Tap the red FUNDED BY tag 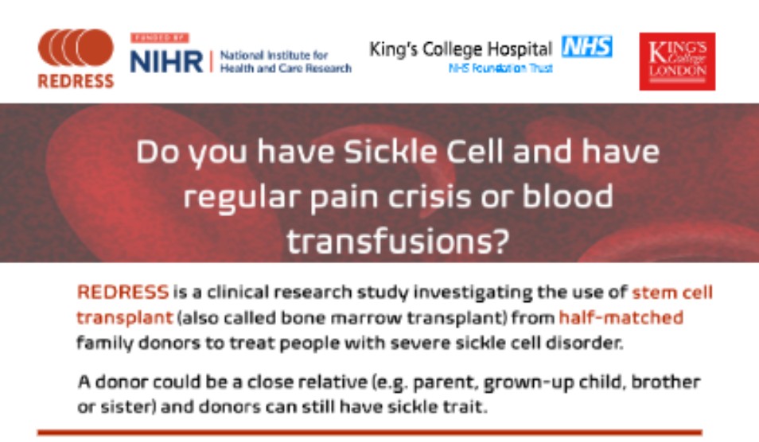160,37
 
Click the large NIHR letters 165,60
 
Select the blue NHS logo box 587,48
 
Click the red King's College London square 677,61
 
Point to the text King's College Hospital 461,48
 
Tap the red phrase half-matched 621,317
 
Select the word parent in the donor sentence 430,382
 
